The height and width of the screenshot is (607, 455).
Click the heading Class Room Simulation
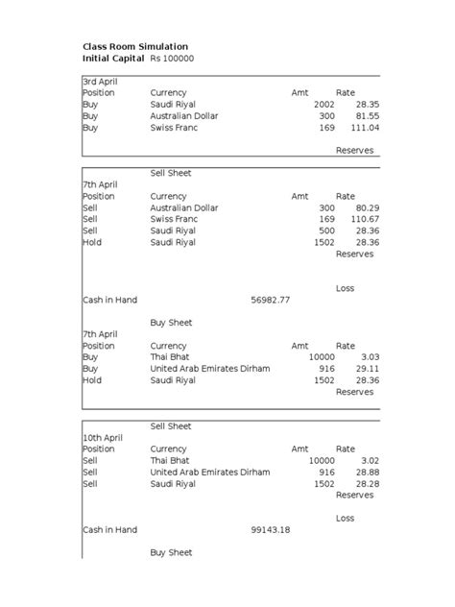point(135,46)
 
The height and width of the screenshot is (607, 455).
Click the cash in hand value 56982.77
point(270,300)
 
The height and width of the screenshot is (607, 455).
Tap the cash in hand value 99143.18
point(270,529)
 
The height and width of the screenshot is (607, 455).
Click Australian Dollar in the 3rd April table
point(184,115)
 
